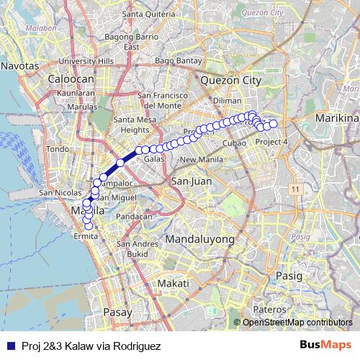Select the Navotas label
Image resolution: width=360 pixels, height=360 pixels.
pos(19,66)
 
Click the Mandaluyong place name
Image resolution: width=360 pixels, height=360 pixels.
pos(199,238)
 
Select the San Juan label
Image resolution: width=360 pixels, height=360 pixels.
pos(191,181)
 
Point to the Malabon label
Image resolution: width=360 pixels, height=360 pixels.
pos(22,28)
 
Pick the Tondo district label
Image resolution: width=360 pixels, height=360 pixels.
pos(56,149)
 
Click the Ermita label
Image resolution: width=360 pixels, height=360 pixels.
pos(86,236)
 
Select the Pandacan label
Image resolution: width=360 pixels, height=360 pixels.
pos(135,216)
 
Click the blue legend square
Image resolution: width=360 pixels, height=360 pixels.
pos(9,346)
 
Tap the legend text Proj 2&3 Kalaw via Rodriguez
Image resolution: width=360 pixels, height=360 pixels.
pos(91,346)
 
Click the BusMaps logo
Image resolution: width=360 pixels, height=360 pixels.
pos(325,346)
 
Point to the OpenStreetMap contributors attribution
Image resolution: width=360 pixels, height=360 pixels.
pos(297,322)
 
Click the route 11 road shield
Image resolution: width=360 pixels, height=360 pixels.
pos(294,188)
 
